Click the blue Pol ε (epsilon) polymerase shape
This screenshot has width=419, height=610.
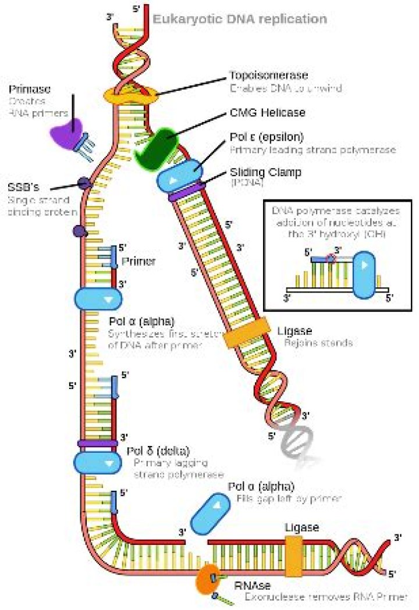point(179,173)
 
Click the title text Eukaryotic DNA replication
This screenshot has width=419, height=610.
point(239,19)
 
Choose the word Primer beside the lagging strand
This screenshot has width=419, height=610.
point(139,261)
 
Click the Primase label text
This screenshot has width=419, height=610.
point(29,90)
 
